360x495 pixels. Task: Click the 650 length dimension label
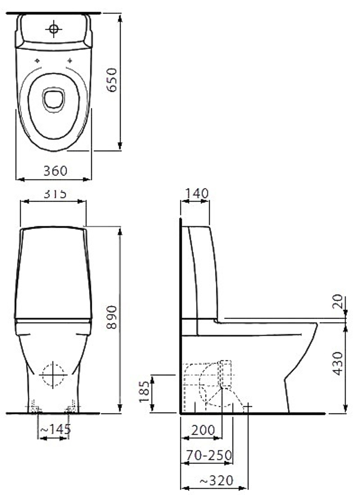[x=112, y=80]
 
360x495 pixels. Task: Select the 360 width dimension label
[x=55, y=171]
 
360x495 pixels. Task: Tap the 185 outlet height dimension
[x=144, y=391]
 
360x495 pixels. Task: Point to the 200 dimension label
[x=203, y=430]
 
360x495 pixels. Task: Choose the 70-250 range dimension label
[x=208, y=455]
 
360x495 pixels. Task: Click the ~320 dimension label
[x=216, y=480]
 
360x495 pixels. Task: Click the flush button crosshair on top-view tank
[x=54, y=29]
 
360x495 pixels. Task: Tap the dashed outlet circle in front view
[x=53, y=375]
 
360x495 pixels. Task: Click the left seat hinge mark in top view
[x=37, y=60]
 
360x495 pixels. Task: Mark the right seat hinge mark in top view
[x=70, y=60]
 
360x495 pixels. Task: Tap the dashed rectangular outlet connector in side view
[x=226, y=373]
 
